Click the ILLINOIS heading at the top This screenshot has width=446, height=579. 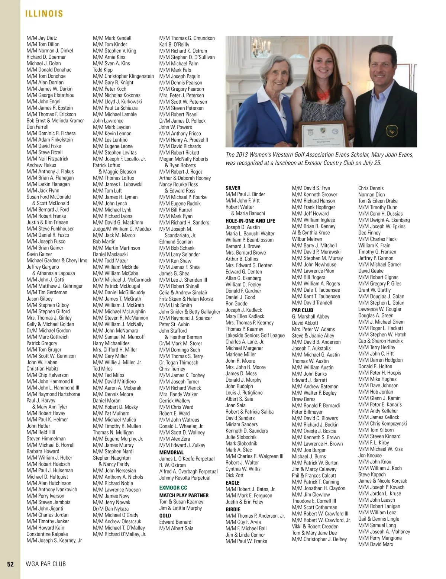[44, 14]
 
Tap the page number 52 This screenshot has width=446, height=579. [10, 564]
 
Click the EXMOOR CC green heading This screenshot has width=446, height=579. [173, 487]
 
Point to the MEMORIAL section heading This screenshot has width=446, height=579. [171, 452]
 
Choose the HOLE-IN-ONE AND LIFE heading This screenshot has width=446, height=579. [250, 221]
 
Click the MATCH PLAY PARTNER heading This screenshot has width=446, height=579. [184, 495]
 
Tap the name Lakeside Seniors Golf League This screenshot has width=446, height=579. [255, 335]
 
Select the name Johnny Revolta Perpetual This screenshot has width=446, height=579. [185, 478]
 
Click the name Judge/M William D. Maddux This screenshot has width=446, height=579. [122, 229]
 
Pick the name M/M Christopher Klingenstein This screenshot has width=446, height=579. [123, 76]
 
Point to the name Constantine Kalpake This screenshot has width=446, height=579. [47, 534]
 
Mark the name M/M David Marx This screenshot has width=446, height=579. [376, 544]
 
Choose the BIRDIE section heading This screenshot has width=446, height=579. [233, 509]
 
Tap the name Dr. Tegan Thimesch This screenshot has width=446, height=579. [179, 362]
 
